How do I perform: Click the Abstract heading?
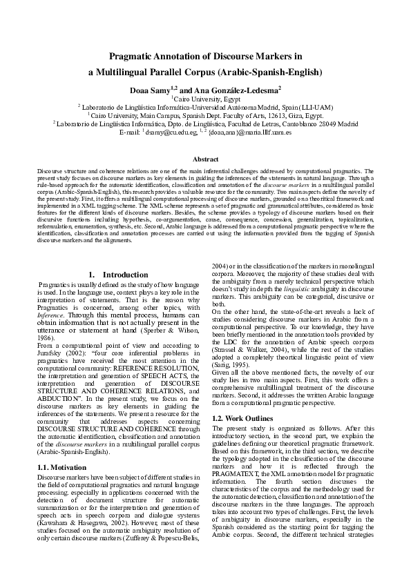[x=205, y=159]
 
